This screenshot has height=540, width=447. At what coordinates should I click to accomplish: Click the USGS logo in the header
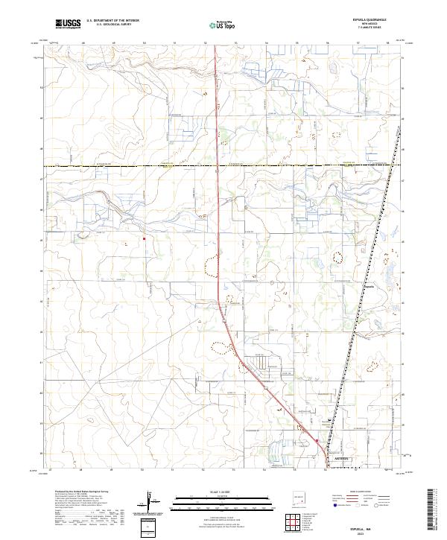click(x=68, y=24)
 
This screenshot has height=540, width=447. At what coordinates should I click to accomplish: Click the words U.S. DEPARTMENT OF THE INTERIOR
click(x=112, y=22)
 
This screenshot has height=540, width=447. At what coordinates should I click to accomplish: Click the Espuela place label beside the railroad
click(x=370, y=284)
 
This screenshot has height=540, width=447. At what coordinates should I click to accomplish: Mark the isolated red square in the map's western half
click(x=144, y=239)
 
